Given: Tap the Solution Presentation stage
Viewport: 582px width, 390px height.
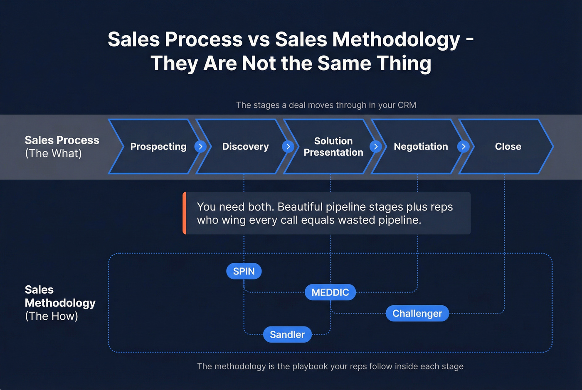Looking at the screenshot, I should pyautogui.click(x=333, y=147).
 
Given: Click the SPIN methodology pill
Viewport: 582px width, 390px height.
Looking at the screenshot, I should pyautogui.click(x=244, y=271).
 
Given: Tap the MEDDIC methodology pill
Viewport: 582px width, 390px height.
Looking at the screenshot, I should pyautogui.click(x=330, y=292).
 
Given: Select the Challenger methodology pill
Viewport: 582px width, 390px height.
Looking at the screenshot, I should pyautogui.click(x=417, y=314).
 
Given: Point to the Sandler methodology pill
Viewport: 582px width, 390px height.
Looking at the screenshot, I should pyautogui.click(x=287, y=335).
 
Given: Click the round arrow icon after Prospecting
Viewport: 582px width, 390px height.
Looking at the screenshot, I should pyautogui.click(x=200, y=147).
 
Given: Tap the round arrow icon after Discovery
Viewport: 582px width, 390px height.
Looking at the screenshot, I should pyautogui.click(x=288, y=147).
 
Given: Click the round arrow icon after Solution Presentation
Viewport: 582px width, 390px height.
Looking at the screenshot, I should pyautogui.click(x=376, y=147).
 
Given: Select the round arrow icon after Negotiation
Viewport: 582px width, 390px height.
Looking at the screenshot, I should pyautogui.click(x=463, y=147).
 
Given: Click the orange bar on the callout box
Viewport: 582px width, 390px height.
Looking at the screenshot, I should pyautogui.click(x=184, y=213).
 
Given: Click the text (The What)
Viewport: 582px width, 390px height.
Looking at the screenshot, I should pyautogui.click(x=53, y=154).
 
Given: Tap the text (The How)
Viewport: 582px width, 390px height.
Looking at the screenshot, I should pyautogui.click(x=52, y=316).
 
